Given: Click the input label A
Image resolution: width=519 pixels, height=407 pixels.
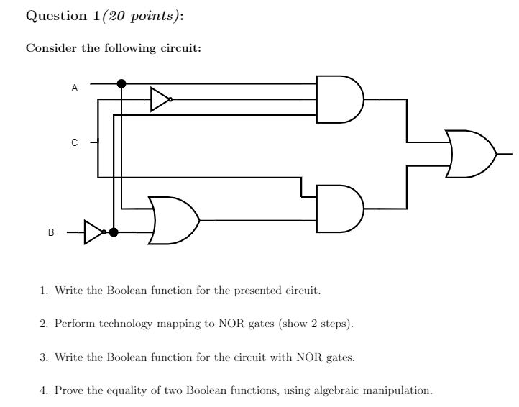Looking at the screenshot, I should pyautogui.click(x=74, y=89).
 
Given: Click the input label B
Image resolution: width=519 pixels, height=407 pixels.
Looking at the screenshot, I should pyautogui.click(x=51, y=232).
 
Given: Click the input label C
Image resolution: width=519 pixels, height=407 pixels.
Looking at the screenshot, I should pyautogui.click(x=74, y=143).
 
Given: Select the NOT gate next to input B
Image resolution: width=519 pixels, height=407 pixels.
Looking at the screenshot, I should pyautogui.click(x=94, y=232).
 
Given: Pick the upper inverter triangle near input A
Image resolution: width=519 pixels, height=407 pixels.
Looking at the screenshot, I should pyautogui.click(x=160, y=100).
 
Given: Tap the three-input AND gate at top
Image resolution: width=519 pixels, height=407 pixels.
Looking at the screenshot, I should pyautogui.click(x=341, y=99).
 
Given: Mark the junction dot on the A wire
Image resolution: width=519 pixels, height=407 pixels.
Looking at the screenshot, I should pyautogui.click(x=121, y=83).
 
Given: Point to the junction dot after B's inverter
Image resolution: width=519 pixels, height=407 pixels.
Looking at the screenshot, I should pyautogui.click(x=113, y=232).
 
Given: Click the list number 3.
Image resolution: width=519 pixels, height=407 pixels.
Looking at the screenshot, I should pyautogui.click(x=42, y=357).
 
